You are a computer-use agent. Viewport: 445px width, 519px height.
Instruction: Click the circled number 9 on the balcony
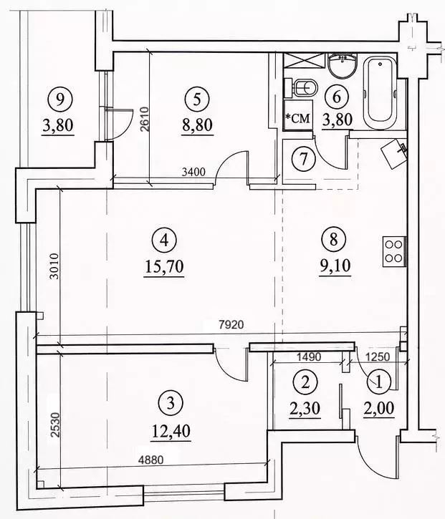tap(60, 100)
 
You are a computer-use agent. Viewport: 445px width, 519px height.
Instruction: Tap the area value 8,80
tap(197, 126)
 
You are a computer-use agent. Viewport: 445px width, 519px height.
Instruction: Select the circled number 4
tap(164, 241)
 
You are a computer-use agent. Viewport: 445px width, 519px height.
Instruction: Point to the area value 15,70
tap(164, 267)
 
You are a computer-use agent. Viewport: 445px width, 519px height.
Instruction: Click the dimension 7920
tap(231, 325)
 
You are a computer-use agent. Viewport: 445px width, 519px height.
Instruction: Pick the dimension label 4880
tap(151, 460)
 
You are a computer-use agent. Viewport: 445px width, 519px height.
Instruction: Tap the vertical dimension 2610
tap(145, 119)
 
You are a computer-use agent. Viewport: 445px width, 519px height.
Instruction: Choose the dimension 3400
tap(194, 172)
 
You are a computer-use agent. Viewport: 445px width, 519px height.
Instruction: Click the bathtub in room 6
tap(380, 92)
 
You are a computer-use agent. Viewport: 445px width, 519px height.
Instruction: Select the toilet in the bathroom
tap(301, 88)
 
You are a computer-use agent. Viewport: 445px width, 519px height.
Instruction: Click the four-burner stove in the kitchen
tap(394, 251)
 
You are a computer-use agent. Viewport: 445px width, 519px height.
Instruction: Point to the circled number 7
tap(304, 158)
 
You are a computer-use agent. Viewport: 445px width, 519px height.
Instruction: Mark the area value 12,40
tap(171, 431)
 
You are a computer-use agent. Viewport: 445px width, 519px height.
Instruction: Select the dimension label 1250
tap(378, 356)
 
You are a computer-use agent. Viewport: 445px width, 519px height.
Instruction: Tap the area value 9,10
tap(334, 266)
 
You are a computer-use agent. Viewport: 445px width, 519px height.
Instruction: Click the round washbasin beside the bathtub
tap(343, 66)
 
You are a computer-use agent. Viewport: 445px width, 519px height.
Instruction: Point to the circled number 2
tap(305, 382)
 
